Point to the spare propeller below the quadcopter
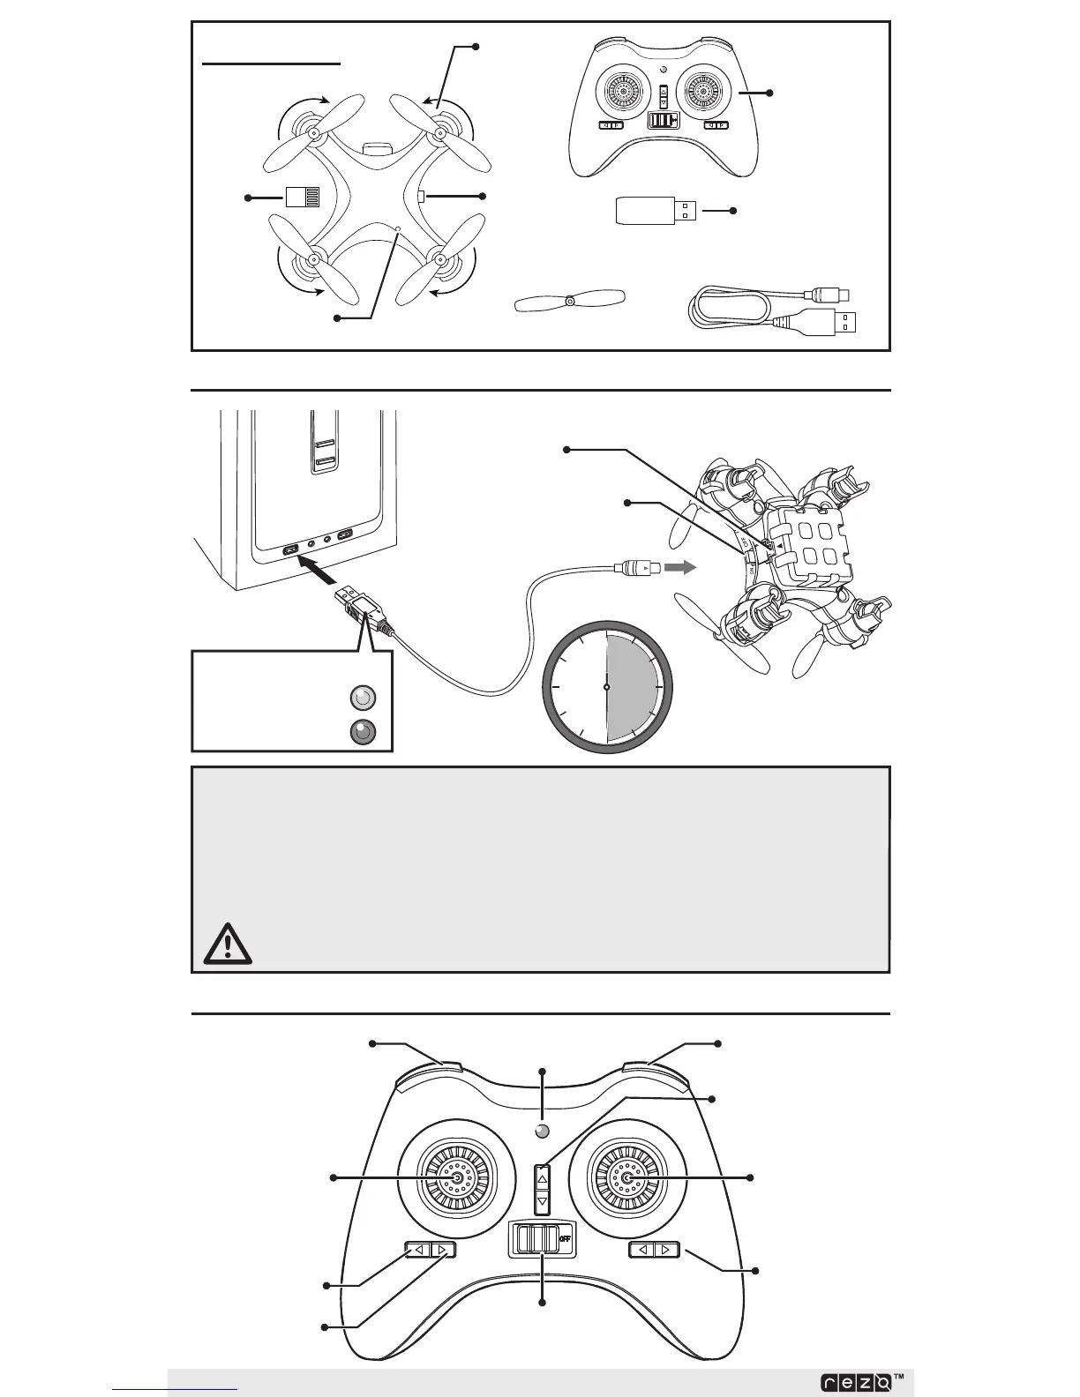point(569,301)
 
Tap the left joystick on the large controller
point(456,1179)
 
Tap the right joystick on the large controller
point(627,1179)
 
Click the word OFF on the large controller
point(566,1237)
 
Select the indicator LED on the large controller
point(543,1132)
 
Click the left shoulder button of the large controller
point(431,1071)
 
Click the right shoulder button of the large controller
point(655,1071)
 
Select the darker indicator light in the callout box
point(363,731)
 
